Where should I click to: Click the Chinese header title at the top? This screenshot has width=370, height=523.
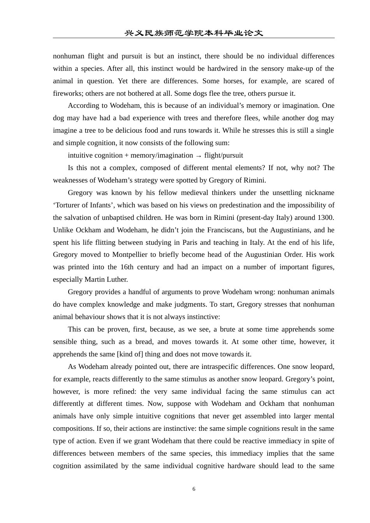(194, 33)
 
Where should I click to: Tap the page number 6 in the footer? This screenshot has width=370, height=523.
(194, 489)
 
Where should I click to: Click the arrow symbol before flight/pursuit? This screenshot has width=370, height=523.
(199, 156)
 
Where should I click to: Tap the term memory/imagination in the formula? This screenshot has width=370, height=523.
(162, 155)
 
